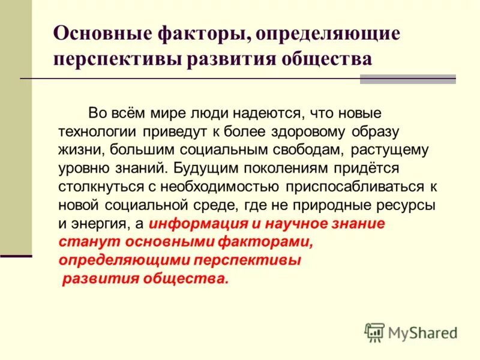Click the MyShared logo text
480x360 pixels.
coord(422,332)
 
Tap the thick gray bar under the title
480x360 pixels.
coord(407,79)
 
